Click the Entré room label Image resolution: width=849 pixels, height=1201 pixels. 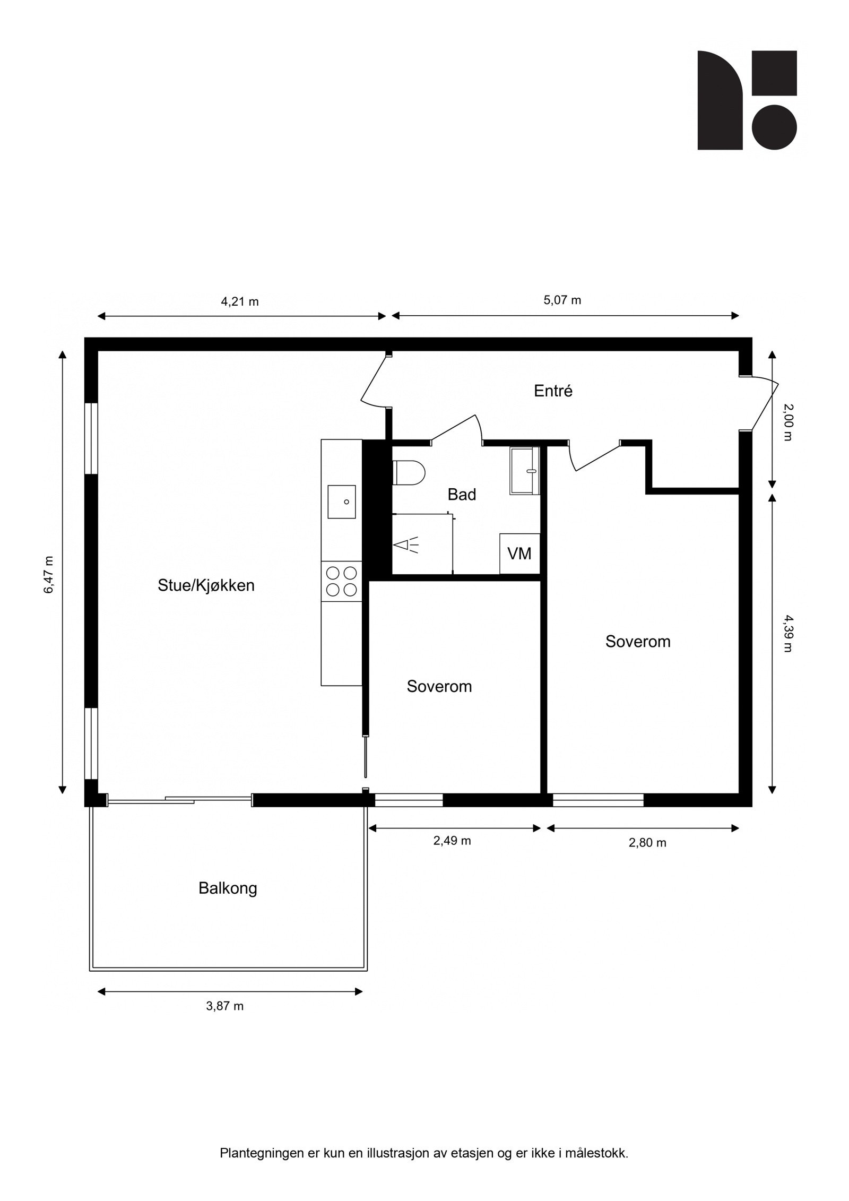553,392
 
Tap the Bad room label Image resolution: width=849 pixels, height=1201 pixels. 461,495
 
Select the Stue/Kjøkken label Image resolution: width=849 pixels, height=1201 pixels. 206,585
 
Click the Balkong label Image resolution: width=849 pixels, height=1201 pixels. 228,888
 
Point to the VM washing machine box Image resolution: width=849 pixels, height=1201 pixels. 519,554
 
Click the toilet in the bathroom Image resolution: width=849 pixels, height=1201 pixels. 409,472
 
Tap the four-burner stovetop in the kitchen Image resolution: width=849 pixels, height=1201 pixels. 341,581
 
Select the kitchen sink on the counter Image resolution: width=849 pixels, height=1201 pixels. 341,501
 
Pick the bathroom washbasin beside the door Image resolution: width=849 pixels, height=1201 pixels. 524,471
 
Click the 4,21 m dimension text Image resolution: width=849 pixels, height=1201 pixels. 240,302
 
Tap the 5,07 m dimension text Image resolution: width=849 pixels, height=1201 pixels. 562,300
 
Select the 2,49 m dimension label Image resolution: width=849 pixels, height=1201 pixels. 452,841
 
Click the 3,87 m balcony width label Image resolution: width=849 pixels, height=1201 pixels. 225,1006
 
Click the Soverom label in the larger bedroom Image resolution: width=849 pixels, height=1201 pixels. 638,642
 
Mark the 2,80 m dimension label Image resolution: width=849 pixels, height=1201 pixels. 647,843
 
